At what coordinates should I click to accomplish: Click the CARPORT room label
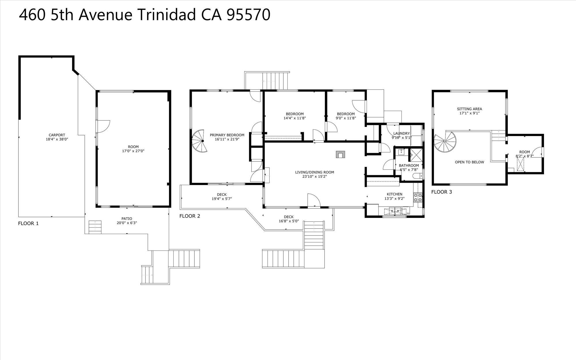(57, 135)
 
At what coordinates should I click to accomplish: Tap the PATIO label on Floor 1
(127, 219)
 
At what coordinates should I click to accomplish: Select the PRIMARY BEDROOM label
(227, 135)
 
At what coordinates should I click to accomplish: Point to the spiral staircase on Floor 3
(445, 143)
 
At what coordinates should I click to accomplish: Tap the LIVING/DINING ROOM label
(314, 172)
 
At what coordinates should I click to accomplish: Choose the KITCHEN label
(394, 194)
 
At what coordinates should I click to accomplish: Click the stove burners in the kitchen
(418, 197)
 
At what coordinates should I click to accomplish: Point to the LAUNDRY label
(401, 133)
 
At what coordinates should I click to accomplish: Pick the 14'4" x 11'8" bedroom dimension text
(295, 118)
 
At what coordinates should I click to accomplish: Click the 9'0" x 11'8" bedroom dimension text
(346, 118)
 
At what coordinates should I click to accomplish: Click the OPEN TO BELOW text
(469, 162)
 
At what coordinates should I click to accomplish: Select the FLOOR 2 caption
(190, 216)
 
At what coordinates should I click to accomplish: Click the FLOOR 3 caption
(442, 192)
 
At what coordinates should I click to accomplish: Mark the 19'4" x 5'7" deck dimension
(222, 199)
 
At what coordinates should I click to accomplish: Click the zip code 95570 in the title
(249, 15)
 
